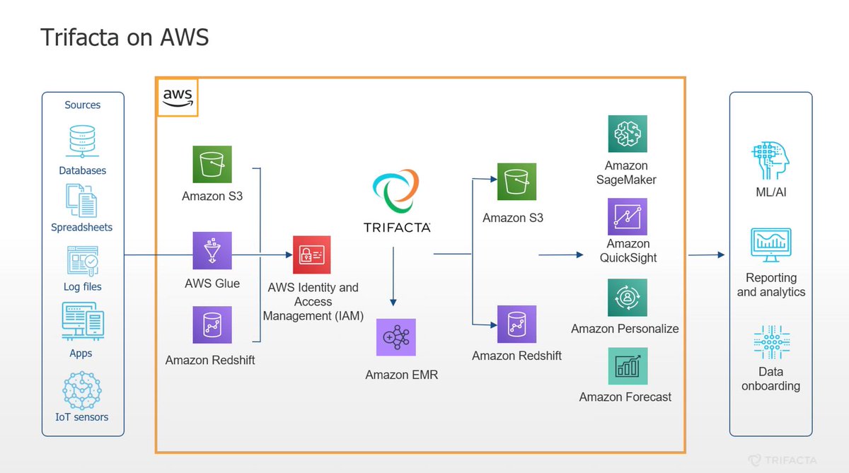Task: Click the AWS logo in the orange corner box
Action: [177, 98]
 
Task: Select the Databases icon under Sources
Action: [82, 141]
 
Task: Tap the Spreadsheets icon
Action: [81, 200]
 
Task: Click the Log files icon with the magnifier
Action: [82, 261]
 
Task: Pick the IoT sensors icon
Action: [82, 388]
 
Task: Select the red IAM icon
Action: [311, 255]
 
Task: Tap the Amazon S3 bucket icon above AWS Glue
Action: [212, 165]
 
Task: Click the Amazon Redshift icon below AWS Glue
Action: [212, 325]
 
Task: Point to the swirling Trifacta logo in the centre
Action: [396, 189]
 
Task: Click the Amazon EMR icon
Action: [396, 337]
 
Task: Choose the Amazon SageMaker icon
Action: [628, 134]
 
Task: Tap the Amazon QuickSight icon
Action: [628, 216]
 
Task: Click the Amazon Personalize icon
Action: [628, 298]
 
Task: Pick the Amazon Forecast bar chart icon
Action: [628, 366]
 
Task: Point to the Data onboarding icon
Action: [770, 343]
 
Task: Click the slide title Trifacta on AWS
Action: [125, 37]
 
